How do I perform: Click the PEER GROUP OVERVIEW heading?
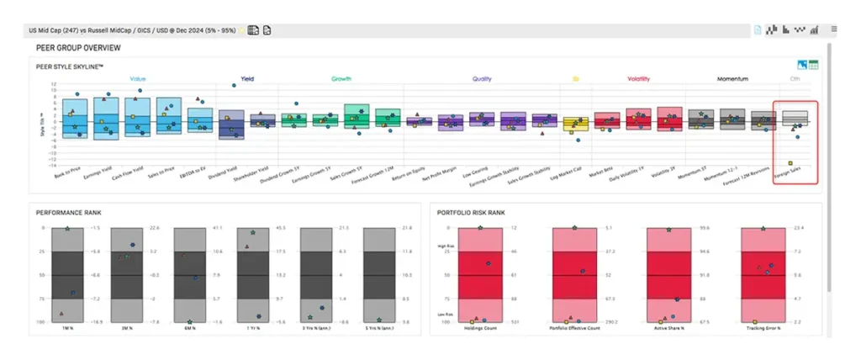click(x=78, y=48)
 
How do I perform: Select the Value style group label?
click(x=138, y=79)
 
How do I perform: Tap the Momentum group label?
click(x=732, y=79)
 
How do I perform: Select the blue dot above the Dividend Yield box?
click(x=234, y=86)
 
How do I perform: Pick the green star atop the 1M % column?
click(x=67, y=228)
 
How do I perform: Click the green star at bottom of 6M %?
click(x=190, y=321)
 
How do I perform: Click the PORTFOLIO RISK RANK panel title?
click(x=471, y=212)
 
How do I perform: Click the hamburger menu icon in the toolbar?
click(x=833, y=29)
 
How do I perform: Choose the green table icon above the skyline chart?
click(x=814, y=65)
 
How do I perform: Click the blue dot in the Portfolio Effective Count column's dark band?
click(x=582, y=271)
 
